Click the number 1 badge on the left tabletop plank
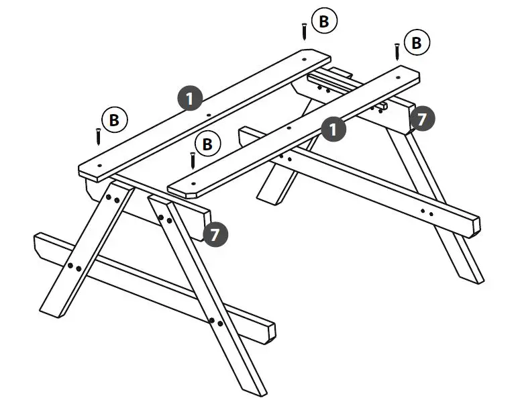(191, 99)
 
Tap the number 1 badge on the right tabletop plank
(333, 128)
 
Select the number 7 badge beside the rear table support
(421, 119)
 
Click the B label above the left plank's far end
(324, 22)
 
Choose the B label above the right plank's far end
(417, 44)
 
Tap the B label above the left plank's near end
(115, 120)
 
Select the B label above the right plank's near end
(207, 144)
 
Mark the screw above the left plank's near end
(98, 135)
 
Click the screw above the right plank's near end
(192, 160)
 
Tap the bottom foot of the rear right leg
(470, 275)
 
